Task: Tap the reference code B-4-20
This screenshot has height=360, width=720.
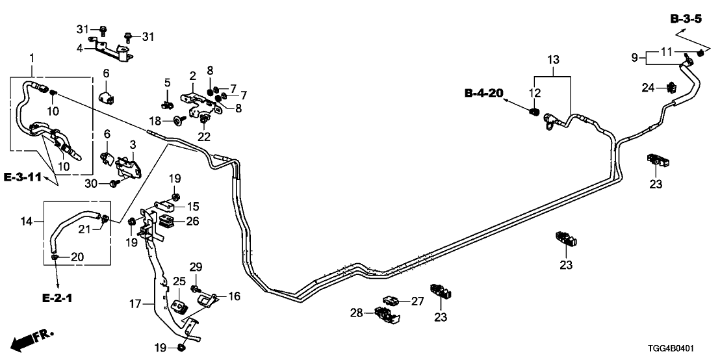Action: tap(484, 94)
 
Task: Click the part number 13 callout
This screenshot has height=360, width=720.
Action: tap(553, 60)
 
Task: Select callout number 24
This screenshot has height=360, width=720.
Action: tap(656, 87)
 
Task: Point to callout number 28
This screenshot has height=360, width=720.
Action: tap(357, 314)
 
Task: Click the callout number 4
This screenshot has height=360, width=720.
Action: tap(79, 48)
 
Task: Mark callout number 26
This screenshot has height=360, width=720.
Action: tap(192, 221)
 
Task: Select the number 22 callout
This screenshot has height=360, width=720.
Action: tap(204, 136)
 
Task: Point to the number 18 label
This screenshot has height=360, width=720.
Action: tap(155, 120)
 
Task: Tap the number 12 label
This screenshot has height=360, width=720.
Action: tap(534, 93)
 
